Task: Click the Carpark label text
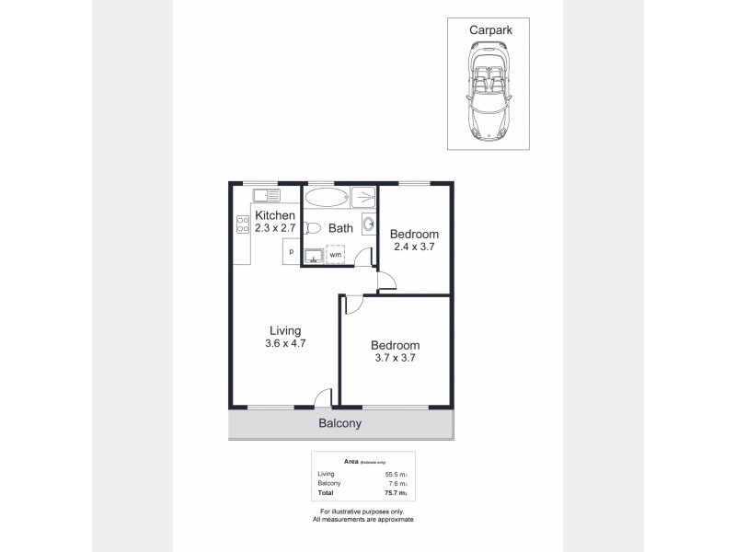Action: [489, 30]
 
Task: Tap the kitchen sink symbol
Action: [267, 195]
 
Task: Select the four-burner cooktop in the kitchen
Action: [244, 225]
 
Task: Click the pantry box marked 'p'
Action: [291, 251]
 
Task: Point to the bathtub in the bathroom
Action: [327, 197]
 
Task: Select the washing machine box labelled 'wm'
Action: [336, 254]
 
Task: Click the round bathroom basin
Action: [369, 223]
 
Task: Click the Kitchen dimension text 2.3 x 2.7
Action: [275, 228]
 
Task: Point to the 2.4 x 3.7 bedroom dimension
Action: [415, 247]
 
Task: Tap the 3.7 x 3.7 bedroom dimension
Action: [395, 359]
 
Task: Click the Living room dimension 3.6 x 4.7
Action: [285, 343]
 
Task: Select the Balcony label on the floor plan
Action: [339, 424]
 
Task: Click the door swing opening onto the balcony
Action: [322, 397]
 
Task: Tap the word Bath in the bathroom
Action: [341, 227]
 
